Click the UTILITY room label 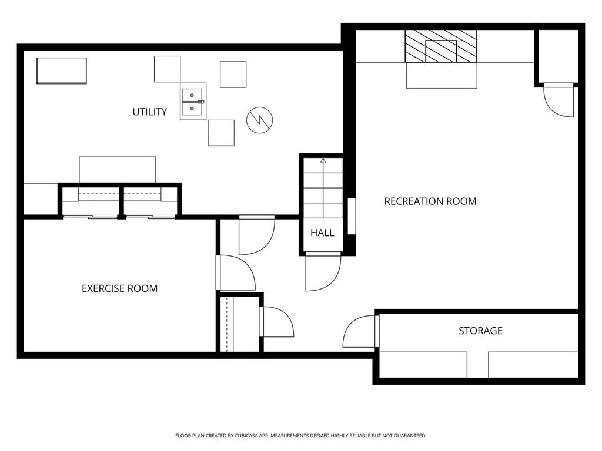pos(149,112)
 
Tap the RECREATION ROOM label pos(430,201)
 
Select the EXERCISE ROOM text pos(119,288)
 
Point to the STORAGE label pos(480,331)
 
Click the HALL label pos(322,233)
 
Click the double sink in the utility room pos(193,102)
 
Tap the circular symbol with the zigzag pos(259,120)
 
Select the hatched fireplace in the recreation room pos(441,46)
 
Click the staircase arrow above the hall pos(323,160)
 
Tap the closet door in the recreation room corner pos(558,100)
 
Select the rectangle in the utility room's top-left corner pos(62,70)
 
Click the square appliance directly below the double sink pos(221,133)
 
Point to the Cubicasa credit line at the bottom pos(300,436)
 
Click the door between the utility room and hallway pos(256,234)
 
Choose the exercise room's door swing pos(236,273)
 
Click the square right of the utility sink pos(233,75)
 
